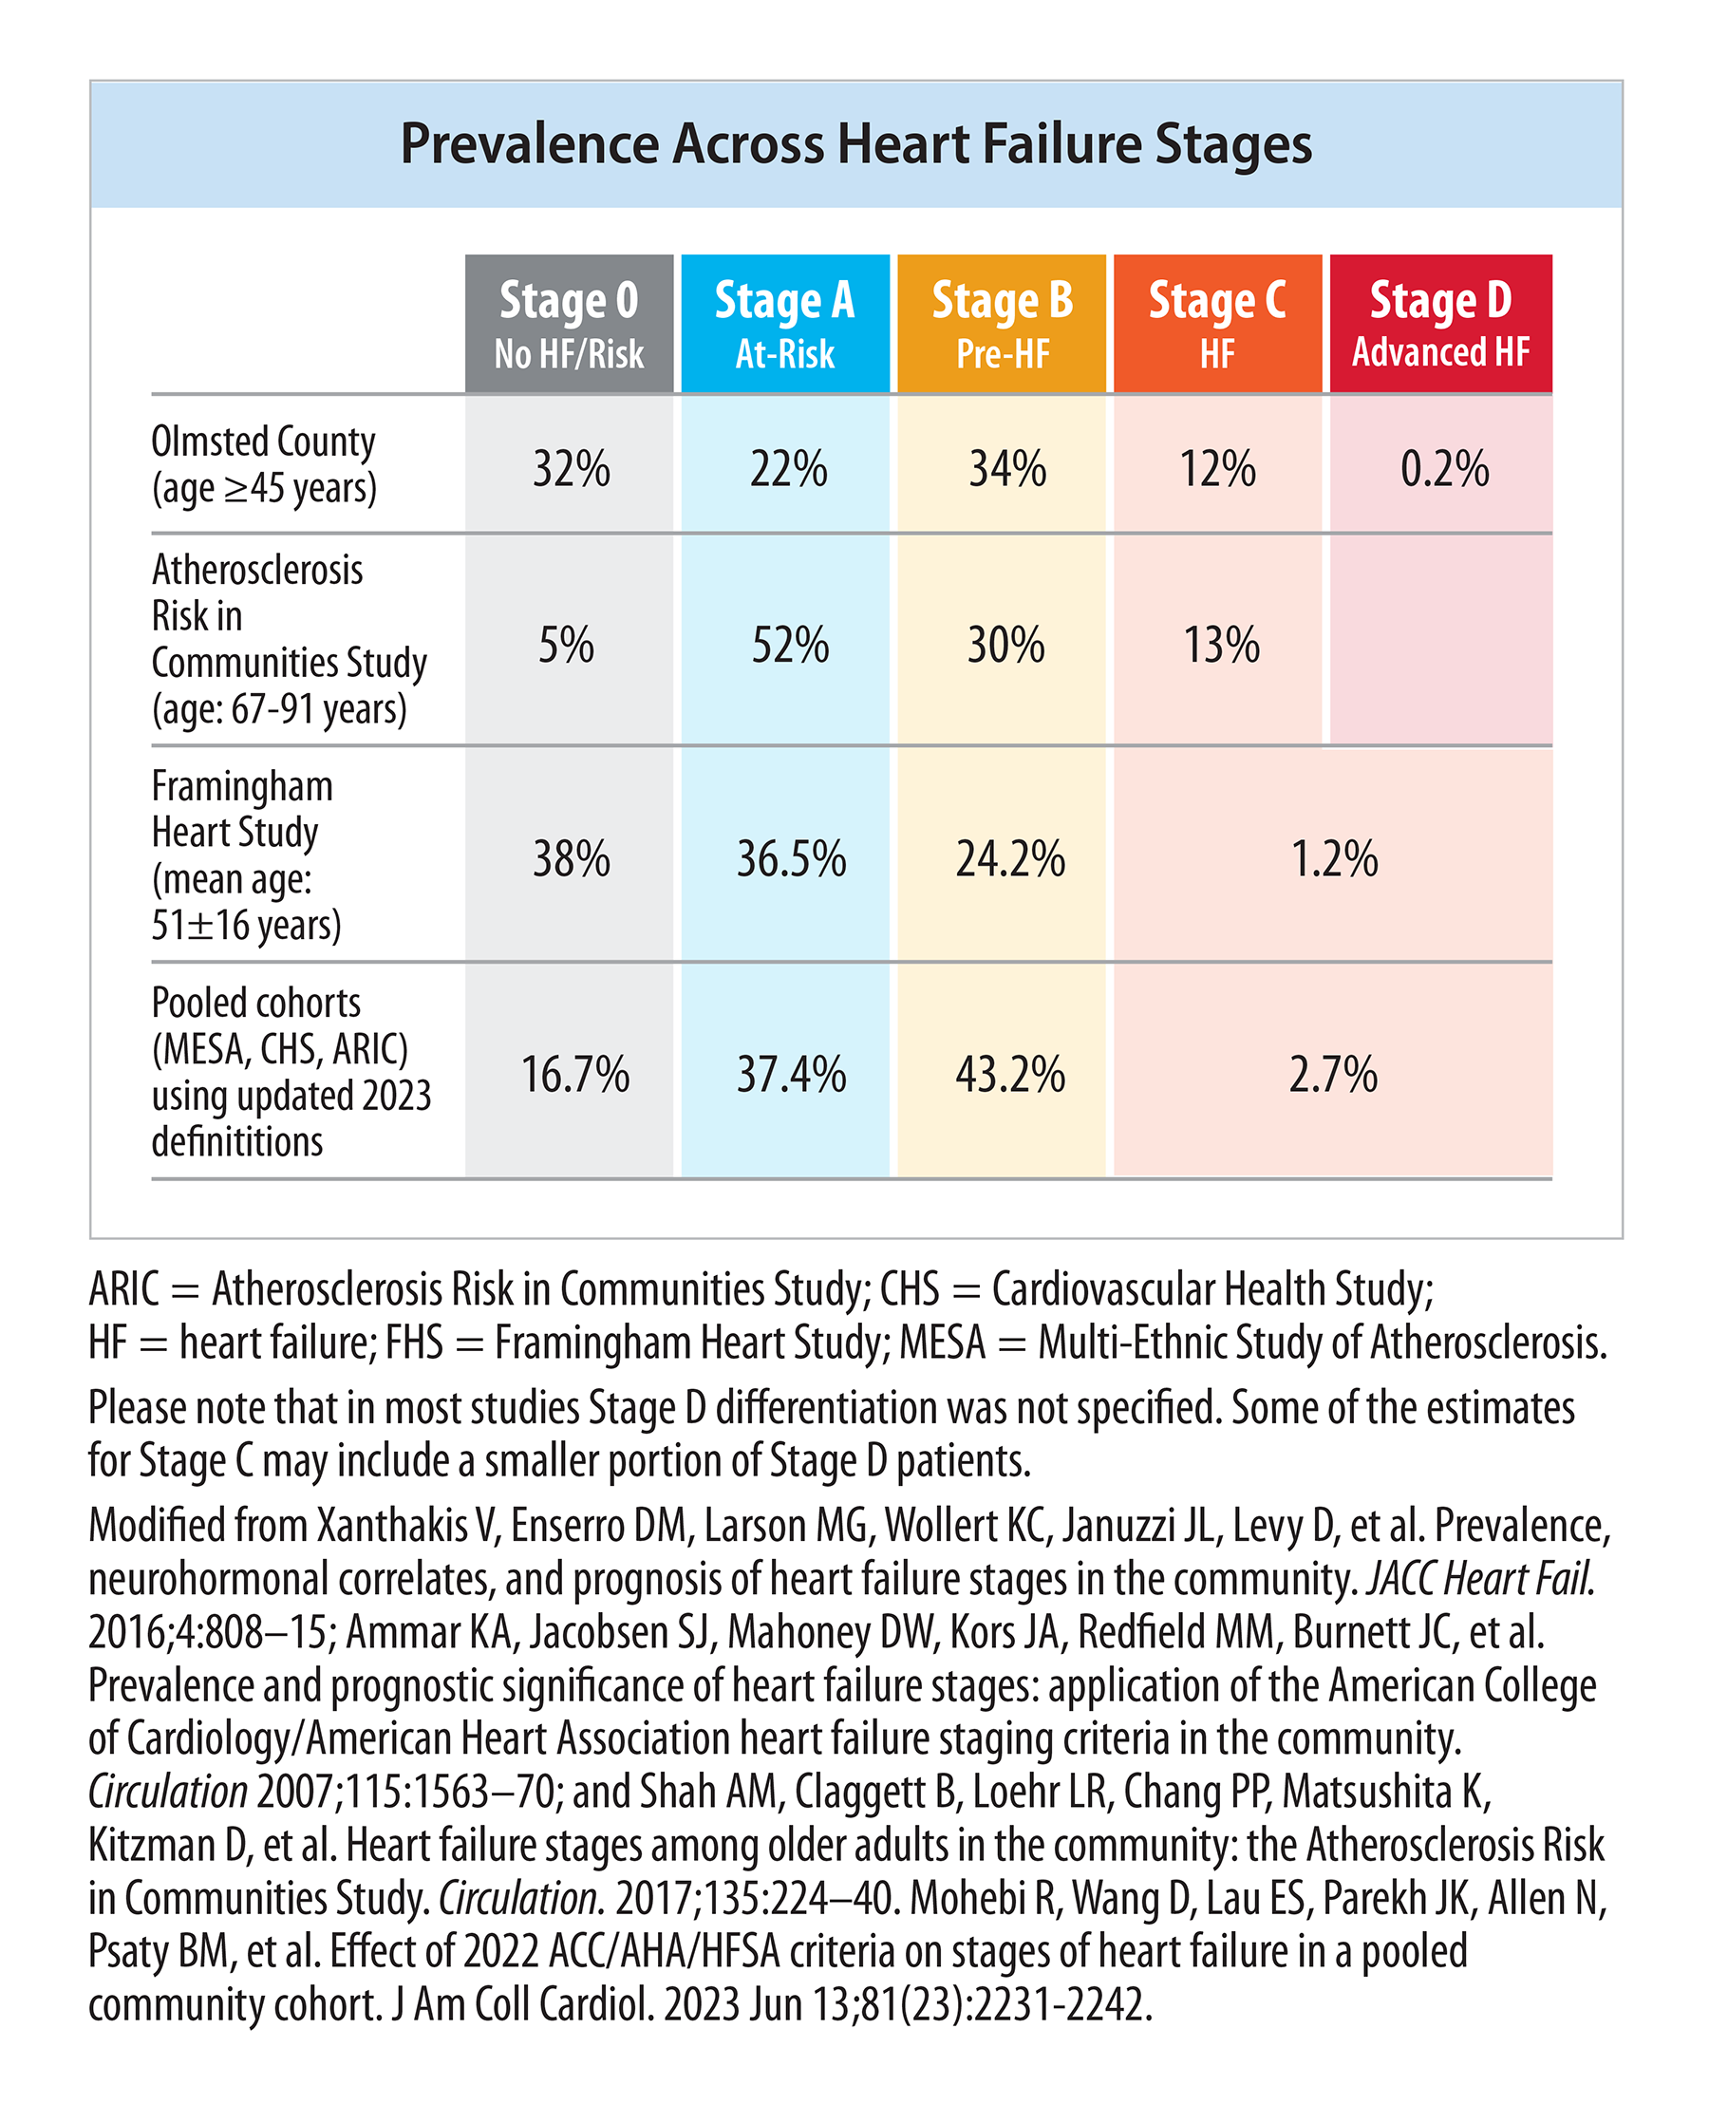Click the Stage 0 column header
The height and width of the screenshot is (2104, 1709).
click(x=569, y=324)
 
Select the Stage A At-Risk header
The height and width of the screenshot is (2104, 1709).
click(x=784, y=324)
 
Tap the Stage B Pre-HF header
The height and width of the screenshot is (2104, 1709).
click(x=1001, y=324)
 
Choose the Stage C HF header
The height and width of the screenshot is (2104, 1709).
click(x=1218, y=324)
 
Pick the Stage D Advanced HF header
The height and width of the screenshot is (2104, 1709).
click(x=1441, y=324)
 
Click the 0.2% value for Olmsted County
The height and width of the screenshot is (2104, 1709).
click(x=1444, y=469)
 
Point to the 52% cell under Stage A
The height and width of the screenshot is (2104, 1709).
click(x=790, y=645)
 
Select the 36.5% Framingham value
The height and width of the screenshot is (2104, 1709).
click(x=792, y=858)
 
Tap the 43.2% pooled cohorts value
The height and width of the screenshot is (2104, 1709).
click(x=1010, y=1073)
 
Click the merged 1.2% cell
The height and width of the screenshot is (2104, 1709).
click(x=1334, y=858)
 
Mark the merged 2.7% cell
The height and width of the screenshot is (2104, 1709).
click(x=1333, y=1073)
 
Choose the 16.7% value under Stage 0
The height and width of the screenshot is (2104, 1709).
click(x=575, y=1073)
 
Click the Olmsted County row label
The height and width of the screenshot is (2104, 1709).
click(x=264, y=464)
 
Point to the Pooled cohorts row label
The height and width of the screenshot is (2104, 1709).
click(x=291, y=1072)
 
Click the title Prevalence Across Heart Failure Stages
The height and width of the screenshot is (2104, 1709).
click(x=855, y=143)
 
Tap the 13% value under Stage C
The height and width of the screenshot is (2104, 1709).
click(x=1221, y=645)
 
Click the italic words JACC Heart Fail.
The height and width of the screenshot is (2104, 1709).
click(x=1480, y=1579)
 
